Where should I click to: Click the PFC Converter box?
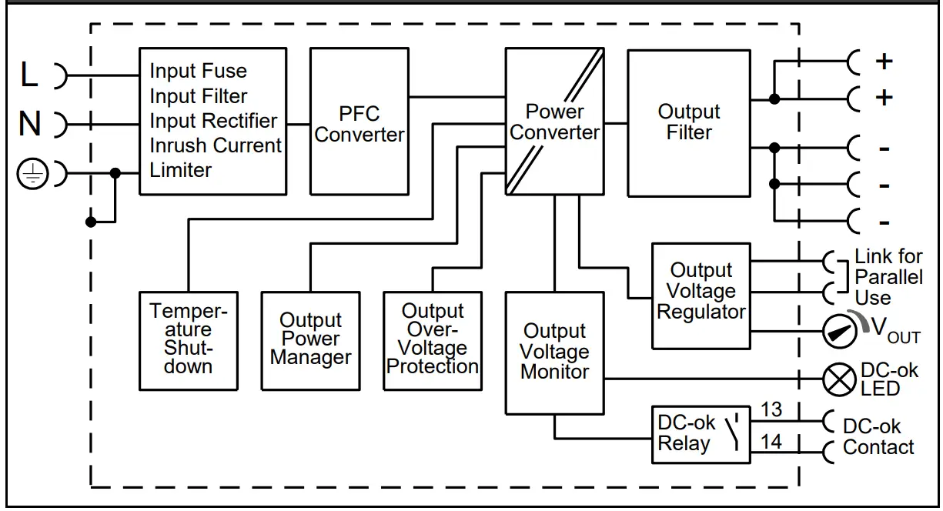(x=359, y=122)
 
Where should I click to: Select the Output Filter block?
(x=688, y=123)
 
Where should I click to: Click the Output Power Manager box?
(x=310, y=340)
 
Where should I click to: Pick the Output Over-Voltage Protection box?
(x=433, y=340)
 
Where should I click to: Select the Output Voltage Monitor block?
(x=554, y=352)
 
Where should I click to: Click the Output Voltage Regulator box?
(x=701, y=296)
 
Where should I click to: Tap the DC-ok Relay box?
(x=701, y=434)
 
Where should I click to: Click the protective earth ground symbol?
(x=32, y=175)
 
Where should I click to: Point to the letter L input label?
(x=28, y=75)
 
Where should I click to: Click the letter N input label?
(x=29, y=123)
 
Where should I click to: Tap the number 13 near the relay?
(x=771, y=410)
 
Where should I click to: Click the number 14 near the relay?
(x=771, y=442)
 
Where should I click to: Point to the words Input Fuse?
(x=198, y=72)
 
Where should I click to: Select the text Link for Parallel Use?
(x=888, y=277)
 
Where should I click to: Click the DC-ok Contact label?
(x=878, y=436)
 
